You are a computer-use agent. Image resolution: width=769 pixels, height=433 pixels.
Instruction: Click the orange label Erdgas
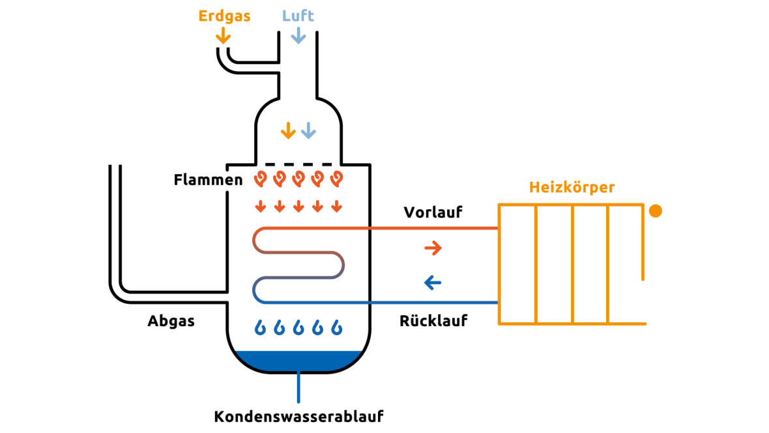[224, 16]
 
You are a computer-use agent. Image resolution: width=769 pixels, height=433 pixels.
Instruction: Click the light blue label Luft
[298, 16]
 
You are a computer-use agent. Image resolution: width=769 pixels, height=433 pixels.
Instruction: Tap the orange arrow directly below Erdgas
[224, 35]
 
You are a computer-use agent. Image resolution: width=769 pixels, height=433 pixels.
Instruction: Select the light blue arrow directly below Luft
[298, 35]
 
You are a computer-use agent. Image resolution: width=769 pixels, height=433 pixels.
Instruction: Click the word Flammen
[208, 179]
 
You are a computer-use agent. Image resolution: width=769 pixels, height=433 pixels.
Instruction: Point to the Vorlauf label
[433, 212]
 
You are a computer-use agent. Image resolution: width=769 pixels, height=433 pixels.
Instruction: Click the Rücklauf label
[433, 321]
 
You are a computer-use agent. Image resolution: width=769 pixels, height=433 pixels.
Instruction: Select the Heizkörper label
[572, 188]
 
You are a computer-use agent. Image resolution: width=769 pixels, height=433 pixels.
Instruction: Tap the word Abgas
[171, 321]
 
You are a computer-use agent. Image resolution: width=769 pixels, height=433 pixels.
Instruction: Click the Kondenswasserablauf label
[299, 416]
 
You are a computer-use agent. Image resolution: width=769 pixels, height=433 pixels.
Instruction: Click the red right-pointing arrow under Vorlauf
[433, 248]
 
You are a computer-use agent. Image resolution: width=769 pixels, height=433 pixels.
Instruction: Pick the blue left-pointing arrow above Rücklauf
[432, 283]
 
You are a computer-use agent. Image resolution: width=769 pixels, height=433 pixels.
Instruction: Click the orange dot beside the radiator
[656, 211]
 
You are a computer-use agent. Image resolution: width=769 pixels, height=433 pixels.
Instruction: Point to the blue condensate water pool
[298, 360]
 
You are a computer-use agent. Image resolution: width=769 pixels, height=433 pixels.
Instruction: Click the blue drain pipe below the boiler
[298, 388]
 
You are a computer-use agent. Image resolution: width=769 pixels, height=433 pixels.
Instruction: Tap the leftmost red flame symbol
[261, 177]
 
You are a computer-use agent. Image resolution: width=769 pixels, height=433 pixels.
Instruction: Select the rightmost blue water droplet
[337, 327]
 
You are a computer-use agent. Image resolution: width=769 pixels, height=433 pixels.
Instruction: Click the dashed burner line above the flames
[298, 164]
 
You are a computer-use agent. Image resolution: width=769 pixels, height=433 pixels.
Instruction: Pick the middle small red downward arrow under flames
[298, 207]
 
